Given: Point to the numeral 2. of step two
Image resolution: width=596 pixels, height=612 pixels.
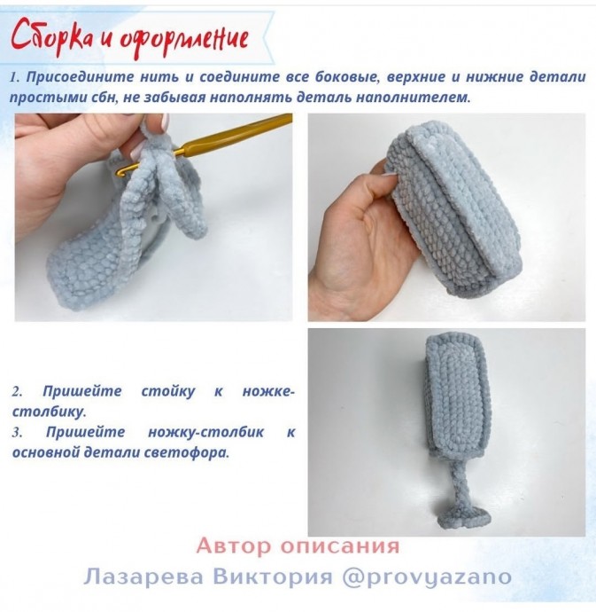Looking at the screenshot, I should [18, 391].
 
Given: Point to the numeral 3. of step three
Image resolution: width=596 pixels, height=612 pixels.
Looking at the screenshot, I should [18, 432].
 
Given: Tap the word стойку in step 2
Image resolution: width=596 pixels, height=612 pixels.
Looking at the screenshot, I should [165, 391].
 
